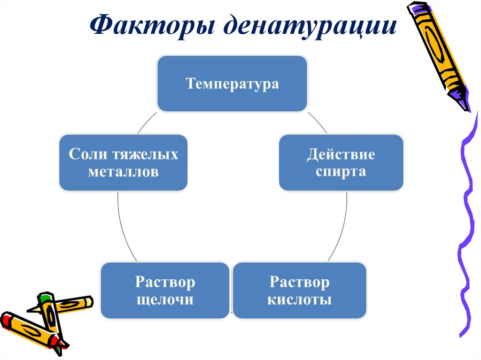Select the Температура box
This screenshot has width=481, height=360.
tap(232, 84)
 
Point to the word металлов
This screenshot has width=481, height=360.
tap(123, 172)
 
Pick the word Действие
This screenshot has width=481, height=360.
tap(341, 154)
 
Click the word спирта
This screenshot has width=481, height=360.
tap(341, 171)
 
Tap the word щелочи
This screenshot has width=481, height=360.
tap(165, 299)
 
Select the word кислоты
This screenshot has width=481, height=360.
tap(299, 299)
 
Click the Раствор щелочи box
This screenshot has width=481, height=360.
tap(165, 291)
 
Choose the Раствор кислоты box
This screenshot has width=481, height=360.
tap(299, 291)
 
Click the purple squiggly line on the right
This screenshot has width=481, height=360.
tap(465, 225)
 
